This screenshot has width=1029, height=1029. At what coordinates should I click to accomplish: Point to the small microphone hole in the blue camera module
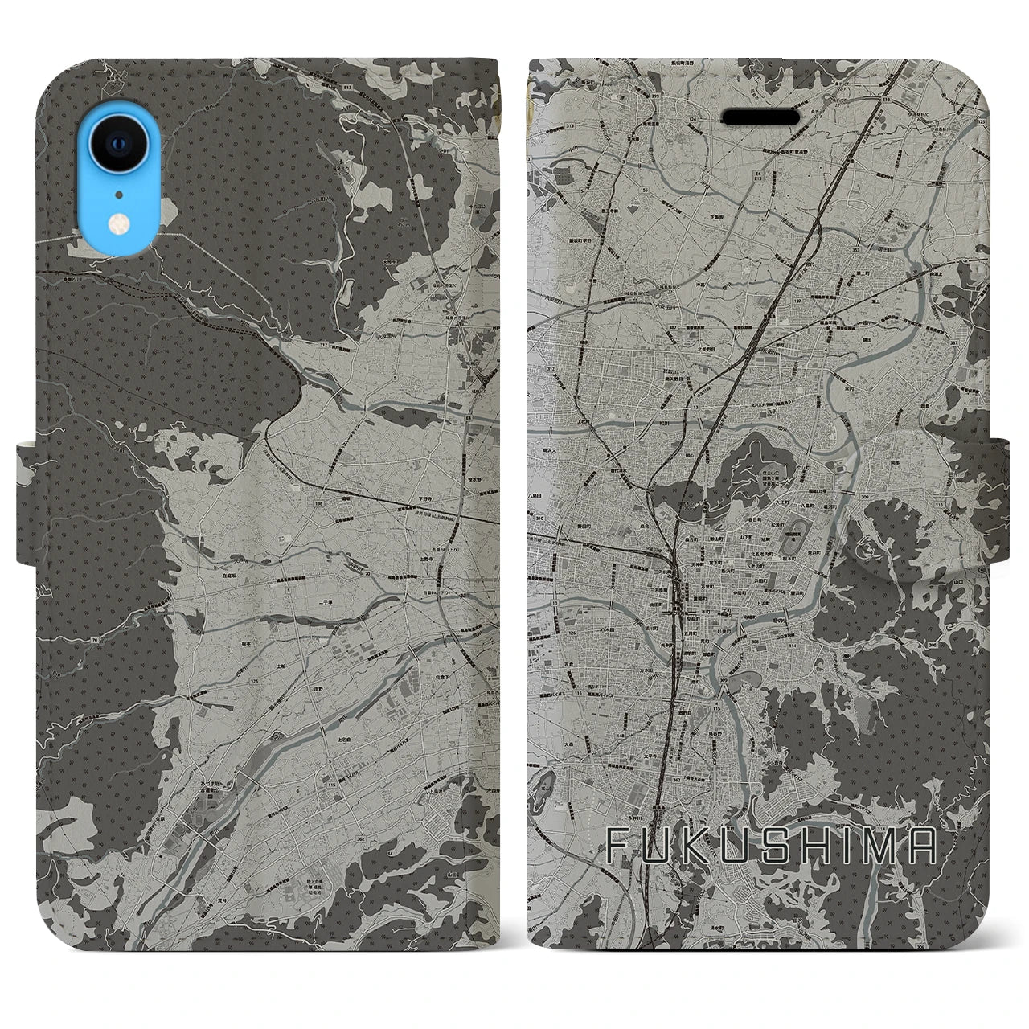click(118, 194)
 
